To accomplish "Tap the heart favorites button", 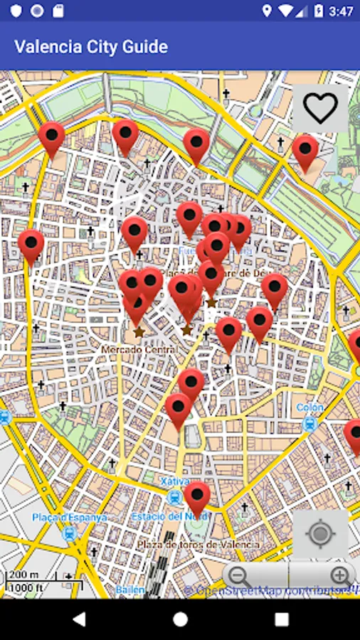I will tap(320, 108).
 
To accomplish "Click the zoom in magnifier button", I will tap(341, 575).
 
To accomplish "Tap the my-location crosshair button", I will tap(320, 533).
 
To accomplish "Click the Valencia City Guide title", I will tap(91, 47).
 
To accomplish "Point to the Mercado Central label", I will tap(138, 350).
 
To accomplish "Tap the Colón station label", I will tap(309, 407).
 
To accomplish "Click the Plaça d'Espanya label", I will tap(69, 517).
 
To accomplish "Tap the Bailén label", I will tap(131, 590).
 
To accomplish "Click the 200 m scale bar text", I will tap(23, 575).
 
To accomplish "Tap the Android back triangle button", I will tap(78, 619).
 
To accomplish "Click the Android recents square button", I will tap(282, 619).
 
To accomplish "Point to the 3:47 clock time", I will tap(342, 11).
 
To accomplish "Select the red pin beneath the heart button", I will tap(305, 151).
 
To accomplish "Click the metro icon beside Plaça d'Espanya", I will tap(70, 532).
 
